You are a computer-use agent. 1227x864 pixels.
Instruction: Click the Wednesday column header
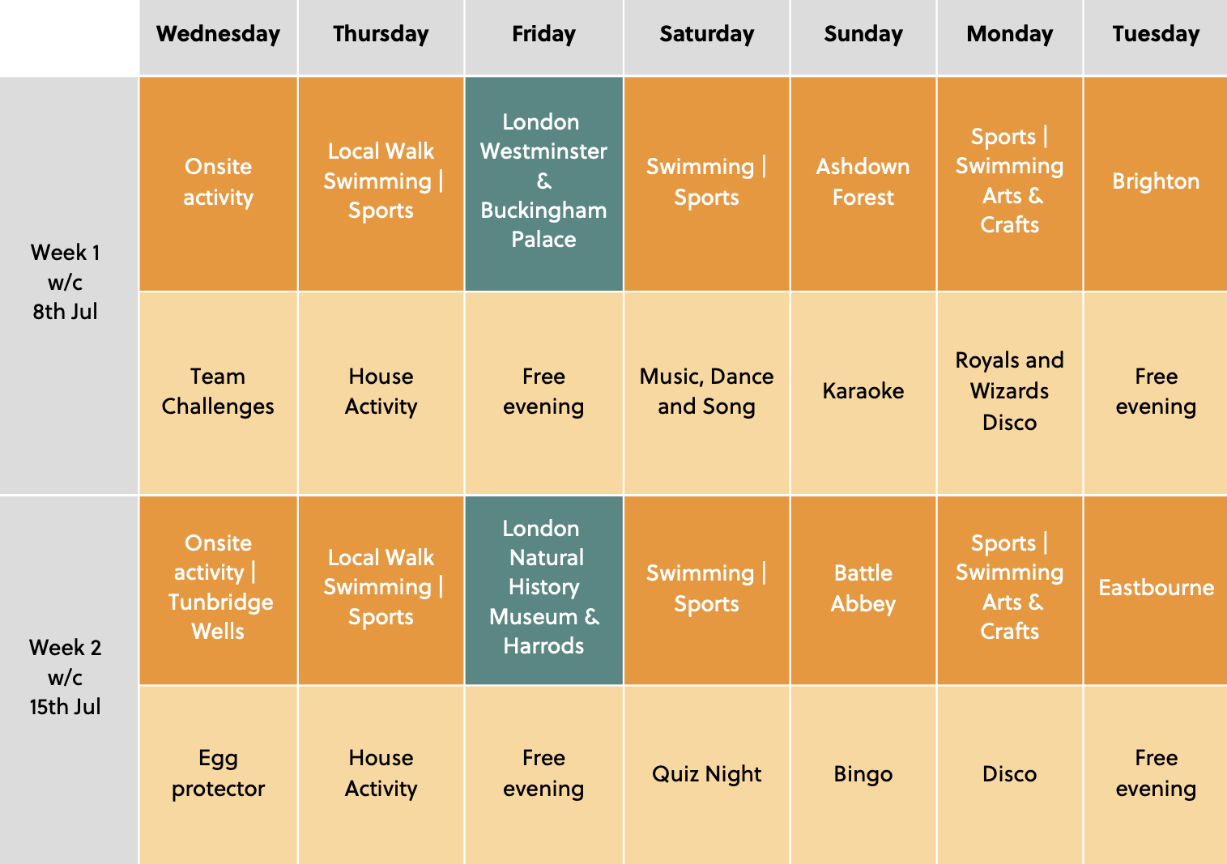[218, 34]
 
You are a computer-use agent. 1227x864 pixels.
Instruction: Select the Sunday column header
[863, 34]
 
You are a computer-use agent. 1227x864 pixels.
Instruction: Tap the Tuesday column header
[1156, 34]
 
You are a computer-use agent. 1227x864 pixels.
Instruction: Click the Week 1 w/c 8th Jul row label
[65, 282]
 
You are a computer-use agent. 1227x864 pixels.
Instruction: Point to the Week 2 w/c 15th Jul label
[65, 677]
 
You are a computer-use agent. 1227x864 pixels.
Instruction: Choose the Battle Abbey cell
[863, 589]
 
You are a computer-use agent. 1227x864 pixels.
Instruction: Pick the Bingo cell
[863, 775]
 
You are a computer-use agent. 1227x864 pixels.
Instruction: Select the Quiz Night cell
[706, 775]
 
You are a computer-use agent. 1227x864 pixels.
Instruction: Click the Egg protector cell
[218, 774]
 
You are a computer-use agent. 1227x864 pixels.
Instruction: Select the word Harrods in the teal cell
[543, 646]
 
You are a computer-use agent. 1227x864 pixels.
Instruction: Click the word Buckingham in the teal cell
[543, 211]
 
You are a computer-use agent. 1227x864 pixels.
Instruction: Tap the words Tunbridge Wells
[220, 617]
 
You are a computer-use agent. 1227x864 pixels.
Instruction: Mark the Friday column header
[543, 34]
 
